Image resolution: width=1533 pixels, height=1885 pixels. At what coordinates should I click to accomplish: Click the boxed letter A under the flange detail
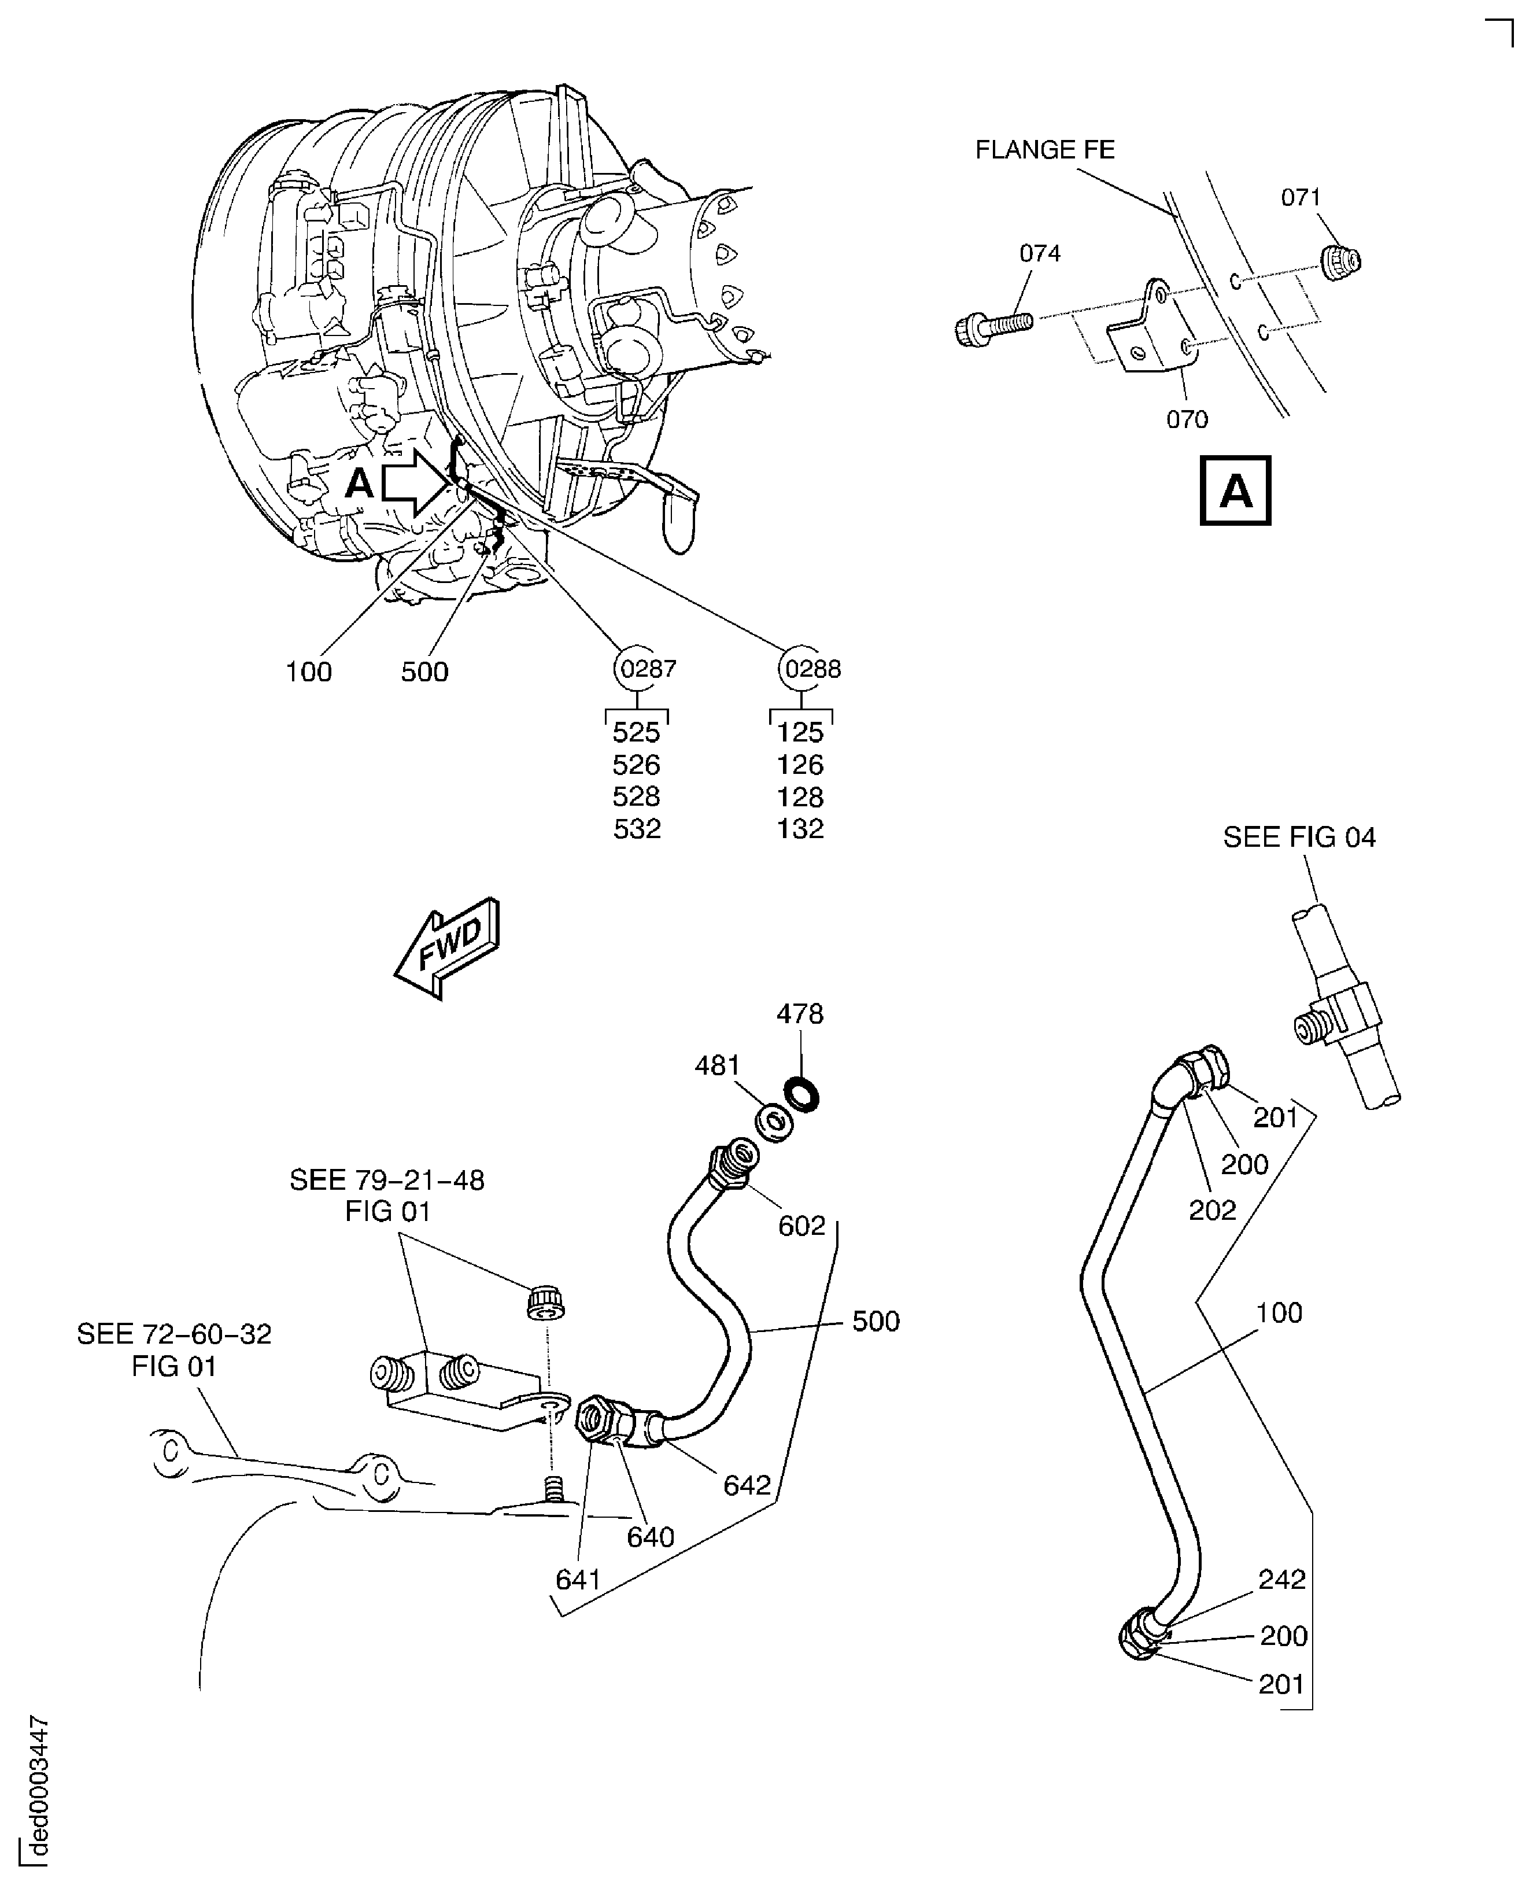(x=1235, y=491)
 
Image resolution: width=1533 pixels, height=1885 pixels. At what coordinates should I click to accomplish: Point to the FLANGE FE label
(x=1045, y=150)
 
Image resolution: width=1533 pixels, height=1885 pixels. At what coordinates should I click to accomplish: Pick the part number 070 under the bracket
(x=1187, y=419)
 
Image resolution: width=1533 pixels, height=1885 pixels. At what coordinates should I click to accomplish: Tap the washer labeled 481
(x=774, y=1123)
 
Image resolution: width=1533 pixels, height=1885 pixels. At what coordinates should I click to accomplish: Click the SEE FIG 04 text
(x=1299, y=838)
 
